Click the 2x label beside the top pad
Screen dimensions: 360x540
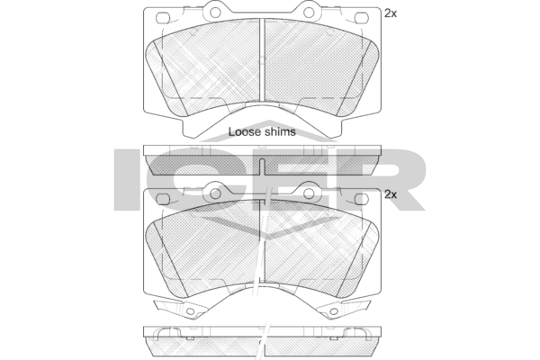[x=390, y=13]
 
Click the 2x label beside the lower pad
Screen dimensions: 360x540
[x=390, y=193]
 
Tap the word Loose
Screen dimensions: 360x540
[x=242, y=131]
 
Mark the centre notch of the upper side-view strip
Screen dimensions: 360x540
[x=261, y=166]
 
